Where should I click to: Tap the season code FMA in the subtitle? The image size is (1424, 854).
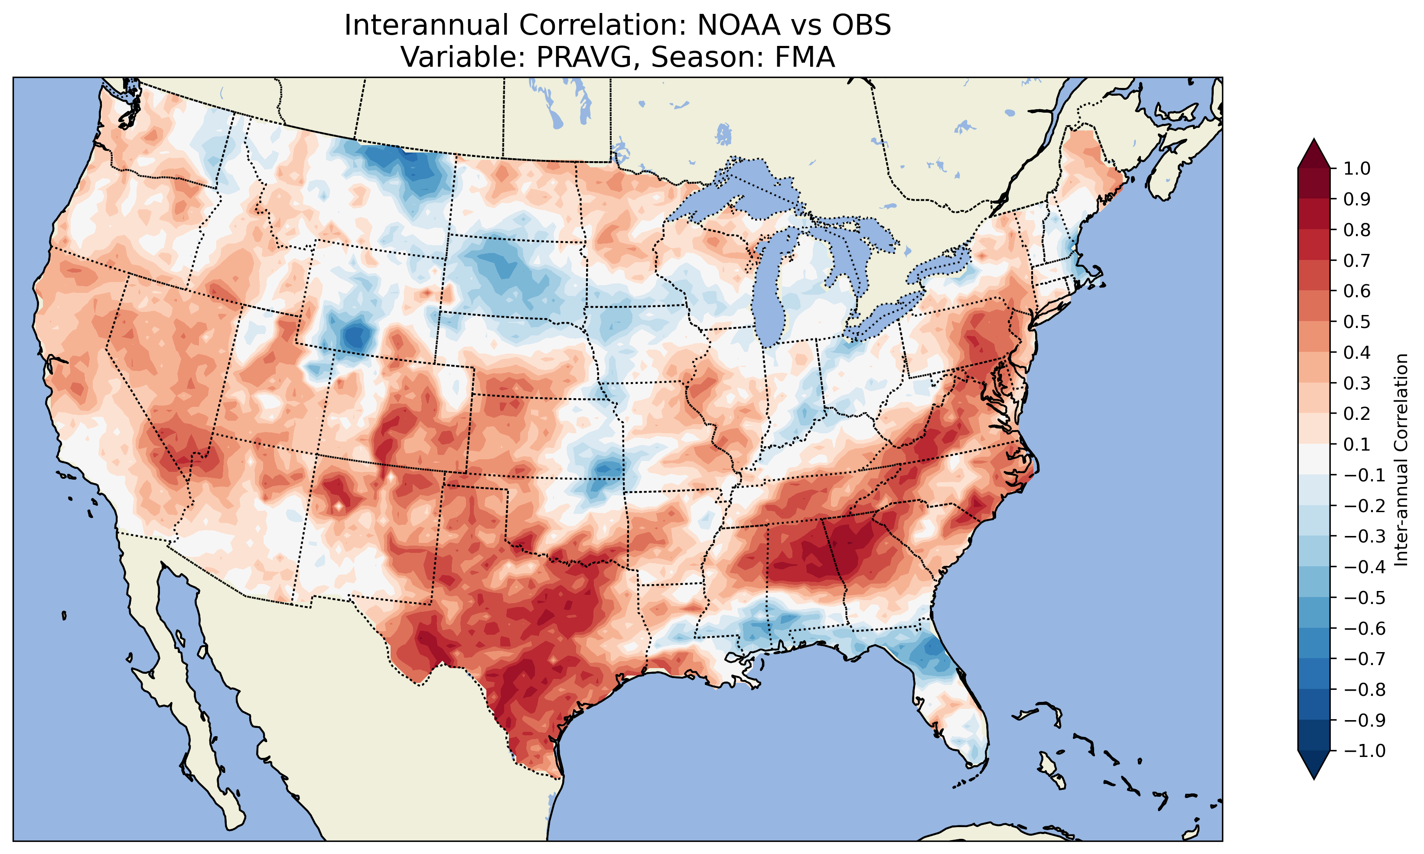(x=805, y=57)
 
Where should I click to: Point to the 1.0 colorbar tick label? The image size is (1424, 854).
(x=1357, y=169)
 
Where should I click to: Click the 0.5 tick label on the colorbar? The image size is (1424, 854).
(x=1357, y=321)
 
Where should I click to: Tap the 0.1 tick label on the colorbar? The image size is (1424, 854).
(x=1357, y=444)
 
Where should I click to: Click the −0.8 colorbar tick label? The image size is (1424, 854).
(x=1364, y=689)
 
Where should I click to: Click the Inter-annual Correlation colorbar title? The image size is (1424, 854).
(x=1401, y=460)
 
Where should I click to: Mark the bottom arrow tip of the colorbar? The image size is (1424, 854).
(x=1314, y=779)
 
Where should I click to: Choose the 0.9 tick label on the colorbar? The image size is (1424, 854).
(x=1357, y=199)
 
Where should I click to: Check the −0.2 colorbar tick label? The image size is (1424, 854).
(x=1364, y=506)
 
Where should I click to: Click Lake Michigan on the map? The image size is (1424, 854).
(x=774, y=293)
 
